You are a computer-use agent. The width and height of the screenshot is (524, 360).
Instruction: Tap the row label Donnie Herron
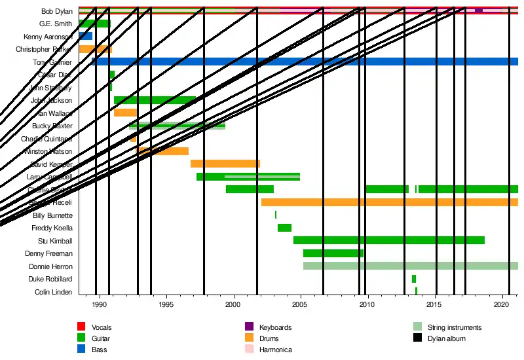[50, 267]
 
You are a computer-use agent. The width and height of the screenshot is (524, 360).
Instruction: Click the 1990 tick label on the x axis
[99, 304]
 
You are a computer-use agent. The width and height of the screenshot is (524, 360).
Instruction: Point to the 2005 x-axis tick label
[300, 304]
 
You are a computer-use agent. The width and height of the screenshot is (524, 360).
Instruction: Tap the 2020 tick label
[502, 304]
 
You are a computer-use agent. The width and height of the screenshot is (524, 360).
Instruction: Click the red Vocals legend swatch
[81, 327]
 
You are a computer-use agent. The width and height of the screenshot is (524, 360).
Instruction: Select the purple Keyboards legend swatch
[248, 327]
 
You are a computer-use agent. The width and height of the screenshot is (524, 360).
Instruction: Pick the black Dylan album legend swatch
[417, 338]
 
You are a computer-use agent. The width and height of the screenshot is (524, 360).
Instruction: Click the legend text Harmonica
[275, 350]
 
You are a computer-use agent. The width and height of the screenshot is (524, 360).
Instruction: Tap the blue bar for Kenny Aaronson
[85, 36]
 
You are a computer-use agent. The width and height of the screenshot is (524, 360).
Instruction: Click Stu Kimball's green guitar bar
[388, 240]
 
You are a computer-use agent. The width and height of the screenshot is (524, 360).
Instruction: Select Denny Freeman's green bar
[333, 253]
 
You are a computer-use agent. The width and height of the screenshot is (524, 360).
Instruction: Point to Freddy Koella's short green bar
[284, 228]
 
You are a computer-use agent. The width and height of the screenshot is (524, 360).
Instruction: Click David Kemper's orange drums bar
[225, 164]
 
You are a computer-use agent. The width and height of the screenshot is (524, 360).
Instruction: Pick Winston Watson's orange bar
[162, 151]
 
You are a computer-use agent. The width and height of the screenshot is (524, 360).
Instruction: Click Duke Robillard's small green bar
[414, 279]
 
